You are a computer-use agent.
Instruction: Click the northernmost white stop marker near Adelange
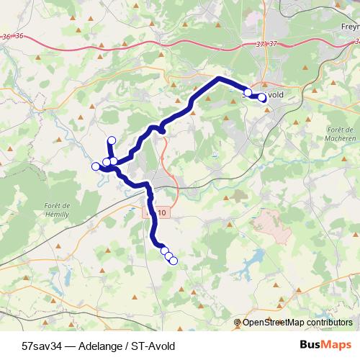(x=111, y=140)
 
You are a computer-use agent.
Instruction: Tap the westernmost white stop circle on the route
(x=95, y=167)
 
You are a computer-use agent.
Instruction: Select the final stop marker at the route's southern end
(x=173, y=260)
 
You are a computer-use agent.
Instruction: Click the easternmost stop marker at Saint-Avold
(x=262, y=98)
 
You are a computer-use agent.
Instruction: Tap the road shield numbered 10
(x=162, y=212)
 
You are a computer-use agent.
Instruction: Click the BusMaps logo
(x=325, y=346)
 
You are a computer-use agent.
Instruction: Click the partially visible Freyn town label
(x=349, y=27)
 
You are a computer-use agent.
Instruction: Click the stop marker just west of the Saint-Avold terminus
(x=248, y=93)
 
